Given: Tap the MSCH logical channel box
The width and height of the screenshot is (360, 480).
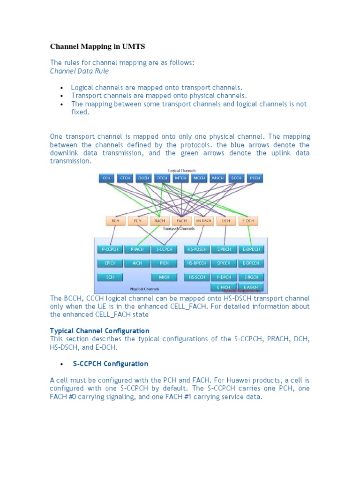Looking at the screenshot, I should click(218, 179).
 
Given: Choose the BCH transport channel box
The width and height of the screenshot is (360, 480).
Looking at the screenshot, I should click(115, 220).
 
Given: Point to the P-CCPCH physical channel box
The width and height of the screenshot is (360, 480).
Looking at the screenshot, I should click(110, 249).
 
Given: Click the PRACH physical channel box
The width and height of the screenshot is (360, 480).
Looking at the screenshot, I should click(137, 249).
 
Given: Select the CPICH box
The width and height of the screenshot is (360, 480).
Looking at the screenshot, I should click(110, 263).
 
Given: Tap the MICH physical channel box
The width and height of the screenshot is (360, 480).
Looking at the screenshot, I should click(164, 277).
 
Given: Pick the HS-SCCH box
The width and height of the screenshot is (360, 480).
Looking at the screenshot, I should click(196, 277).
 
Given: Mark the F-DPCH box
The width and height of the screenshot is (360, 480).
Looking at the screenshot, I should click(224, 277).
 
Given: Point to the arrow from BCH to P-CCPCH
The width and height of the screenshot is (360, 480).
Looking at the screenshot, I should click(113, 235).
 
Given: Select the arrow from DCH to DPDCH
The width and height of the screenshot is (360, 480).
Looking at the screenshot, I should click(225, 235).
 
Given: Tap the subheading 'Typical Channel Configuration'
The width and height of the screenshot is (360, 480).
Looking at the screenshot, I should click(99, 330).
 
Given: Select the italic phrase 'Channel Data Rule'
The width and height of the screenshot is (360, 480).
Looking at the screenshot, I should click(79, 71).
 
